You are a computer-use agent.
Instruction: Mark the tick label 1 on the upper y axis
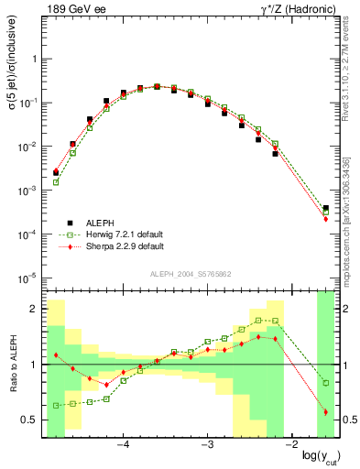click(x=34, y=59)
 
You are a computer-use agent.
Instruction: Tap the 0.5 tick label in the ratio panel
click(x=29, y=420)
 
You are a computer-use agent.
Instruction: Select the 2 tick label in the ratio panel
click(x=34, y=310)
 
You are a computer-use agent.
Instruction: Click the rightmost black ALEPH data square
click(x=326, y=209)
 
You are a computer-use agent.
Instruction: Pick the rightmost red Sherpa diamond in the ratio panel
click(x=326, y=412)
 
